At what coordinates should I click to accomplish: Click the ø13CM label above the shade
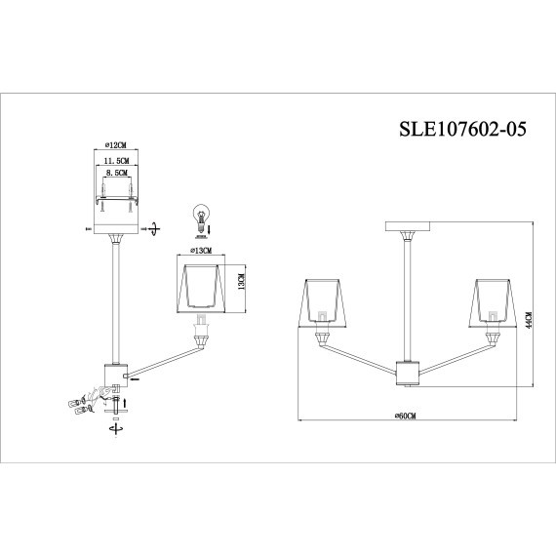[x=204, y=251]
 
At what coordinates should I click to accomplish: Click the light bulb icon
[x=203, y=216]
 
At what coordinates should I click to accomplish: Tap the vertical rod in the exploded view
[x=116, y=302]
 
